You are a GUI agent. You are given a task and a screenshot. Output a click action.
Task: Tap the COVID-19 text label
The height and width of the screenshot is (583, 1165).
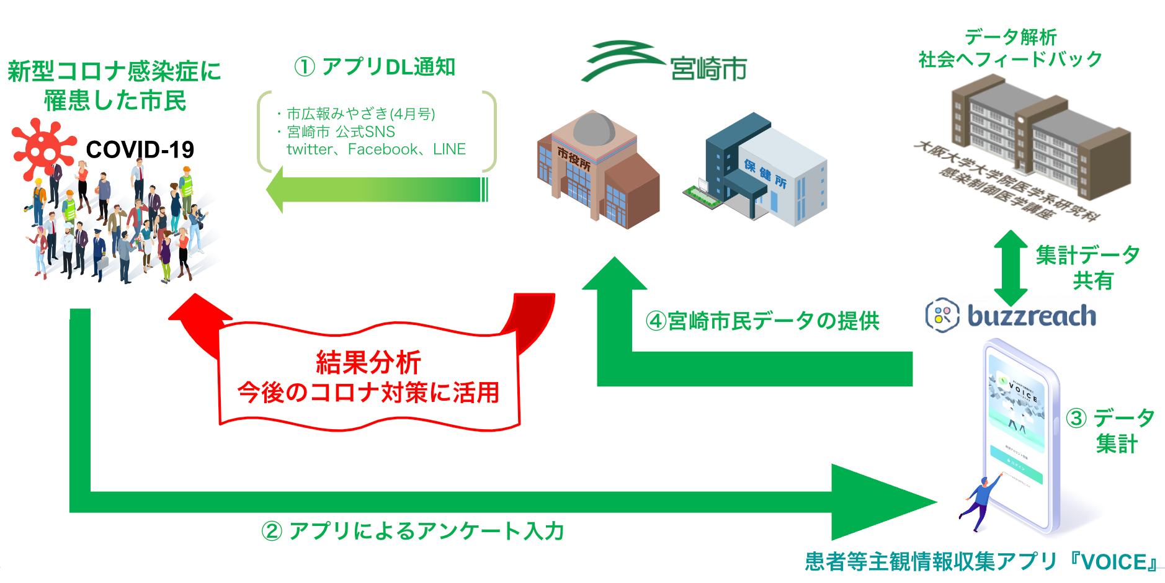(140, 150)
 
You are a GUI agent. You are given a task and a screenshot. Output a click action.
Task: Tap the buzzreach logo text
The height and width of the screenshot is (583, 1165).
(1032, 316)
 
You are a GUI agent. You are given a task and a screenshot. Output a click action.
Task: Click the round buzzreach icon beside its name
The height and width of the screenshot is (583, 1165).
(942, 315)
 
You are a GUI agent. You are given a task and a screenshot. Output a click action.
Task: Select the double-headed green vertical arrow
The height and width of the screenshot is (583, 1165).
(1011, 267)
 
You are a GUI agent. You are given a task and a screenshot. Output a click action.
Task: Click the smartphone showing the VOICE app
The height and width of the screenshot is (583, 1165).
(1020, 434)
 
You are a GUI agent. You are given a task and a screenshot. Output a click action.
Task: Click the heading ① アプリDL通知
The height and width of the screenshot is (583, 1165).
(375, 67)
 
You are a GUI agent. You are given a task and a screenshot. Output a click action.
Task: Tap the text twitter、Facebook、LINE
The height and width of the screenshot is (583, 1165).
(376, 149)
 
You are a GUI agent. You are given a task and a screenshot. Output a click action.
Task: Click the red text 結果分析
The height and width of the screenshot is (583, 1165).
(368, 362)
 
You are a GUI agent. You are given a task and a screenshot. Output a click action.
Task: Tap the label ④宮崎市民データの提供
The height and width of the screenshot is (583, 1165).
(762, 321)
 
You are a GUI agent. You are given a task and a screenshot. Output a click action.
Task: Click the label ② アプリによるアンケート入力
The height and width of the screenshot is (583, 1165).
(413, 532)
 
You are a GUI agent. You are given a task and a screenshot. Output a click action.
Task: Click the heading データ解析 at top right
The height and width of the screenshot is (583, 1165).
(1011, 37)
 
